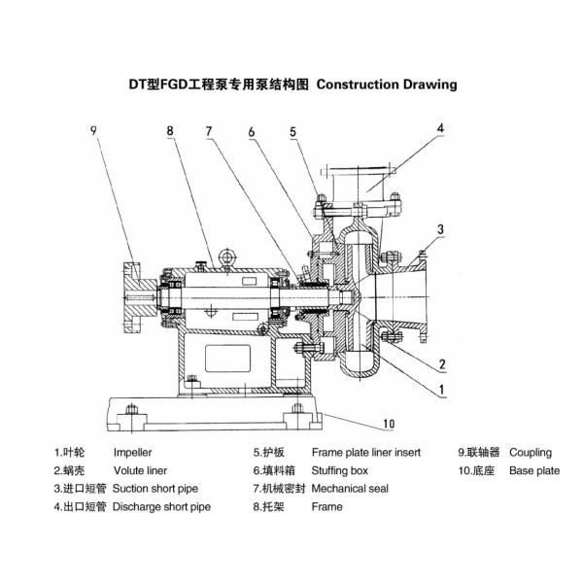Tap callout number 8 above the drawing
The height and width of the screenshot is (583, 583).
click(x=170, y=129)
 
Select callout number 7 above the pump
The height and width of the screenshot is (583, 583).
click(x=208, y=129)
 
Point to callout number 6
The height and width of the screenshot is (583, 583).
click(x=251, y=130)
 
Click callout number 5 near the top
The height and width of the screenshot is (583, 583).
click(x=291, y=130)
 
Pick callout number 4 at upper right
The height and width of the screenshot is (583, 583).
click(x=439, y=127)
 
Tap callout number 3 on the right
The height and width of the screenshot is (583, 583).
click(x=440, y=229)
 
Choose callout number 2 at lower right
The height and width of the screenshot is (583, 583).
click(x=441, y=364)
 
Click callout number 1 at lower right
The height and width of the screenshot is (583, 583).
click(x=441, y=389)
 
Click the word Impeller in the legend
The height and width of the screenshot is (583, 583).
click(x=133, y=452)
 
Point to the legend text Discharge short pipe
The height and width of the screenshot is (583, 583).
click(x=162, y=506)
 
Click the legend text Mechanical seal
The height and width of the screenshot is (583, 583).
click(x=350, y=488)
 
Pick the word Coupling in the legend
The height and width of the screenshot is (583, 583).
click(x=531, y=452)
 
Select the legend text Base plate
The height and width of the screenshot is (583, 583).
click(x=534, y=469)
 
